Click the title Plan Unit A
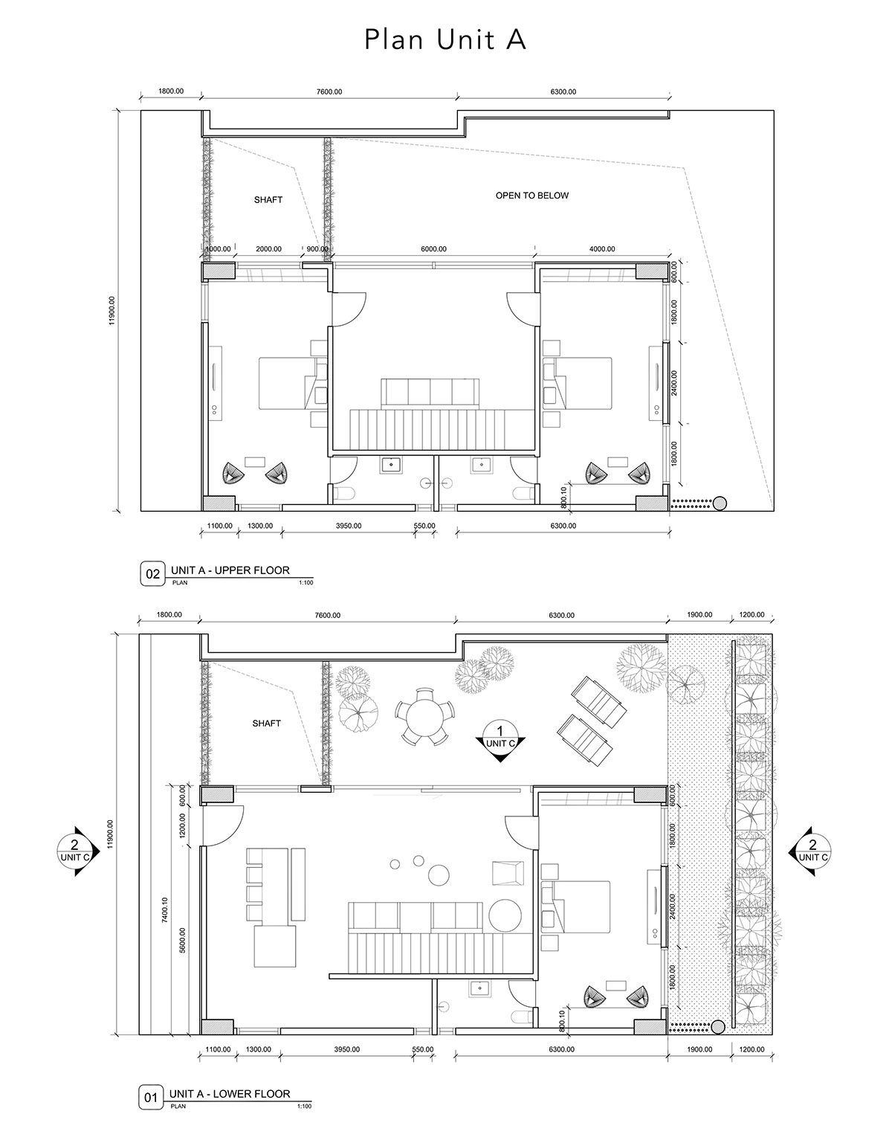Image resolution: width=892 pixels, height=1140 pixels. [445, 39]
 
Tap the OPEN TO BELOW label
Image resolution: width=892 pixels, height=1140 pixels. [531, 196]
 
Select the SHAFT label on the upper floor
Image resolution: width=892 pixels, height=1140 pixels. [268, 200]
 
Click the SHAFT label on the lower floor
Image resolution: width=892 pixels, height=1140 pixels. [266, 724]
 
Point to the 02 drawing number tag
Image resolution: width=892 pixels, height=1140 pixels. [152, 574]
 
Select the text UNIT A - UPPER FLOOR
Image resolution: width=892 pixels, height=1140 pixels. [230, 570]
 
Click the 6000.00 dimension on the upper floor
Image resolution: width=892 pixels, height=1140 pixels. [433, 249]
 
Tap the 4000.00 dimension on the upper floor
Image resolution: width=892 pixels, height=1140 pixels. [602, 249]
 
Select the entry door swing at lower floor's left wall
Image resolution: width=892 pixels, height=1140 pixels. [221, 827]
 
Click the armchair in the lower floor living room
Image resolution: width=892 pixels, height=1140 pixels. [508, 872]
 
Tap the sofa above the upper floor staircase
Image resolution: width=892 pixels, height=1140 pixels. [430, 391]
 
